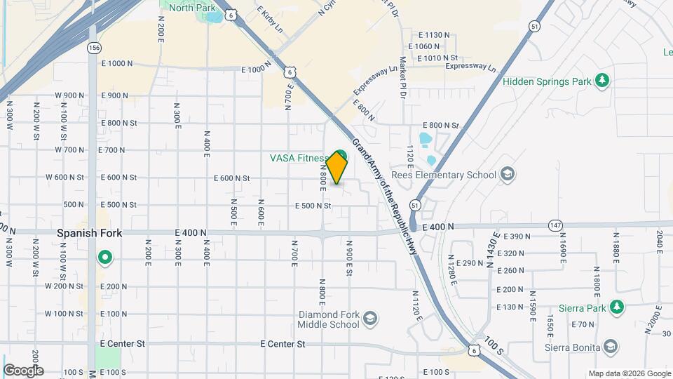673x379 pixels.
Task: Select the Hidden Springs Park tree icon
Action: (x=601, y=81)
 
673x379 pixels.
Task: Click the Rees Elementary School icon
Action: (x=508, y=175)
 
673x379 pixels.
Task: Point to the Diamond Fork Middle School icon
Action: (x=369, y=320)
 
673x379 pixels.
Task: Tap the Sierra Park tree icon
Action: (x=616, y=307)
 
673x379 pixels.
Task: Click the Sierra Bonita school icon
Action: (x=611, y=347)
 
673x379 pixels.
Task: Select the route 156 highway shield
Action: (x=93, y=48)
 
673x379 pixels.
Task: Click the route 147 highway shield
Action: (x=557, y=225)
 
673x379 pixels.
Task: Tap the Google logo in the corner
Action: (x=23, y=370)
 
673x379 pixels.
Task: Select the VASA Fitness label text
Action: (x=299, y=158)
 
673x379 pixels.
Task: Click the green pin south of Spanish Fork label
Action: (x=105, y=259)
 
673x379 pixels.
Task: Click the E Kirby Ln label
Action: (x=270, y=20)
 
